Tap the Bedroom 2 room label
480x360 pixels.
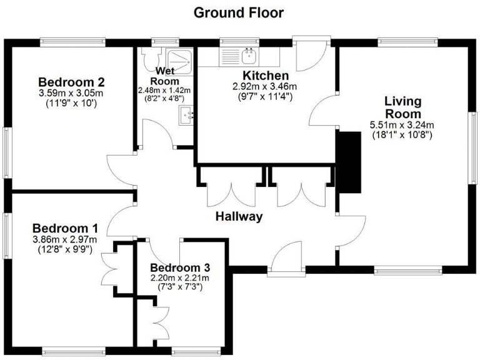71,82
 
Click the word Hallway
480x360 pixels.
239,217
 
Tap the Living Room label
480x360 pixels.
402,107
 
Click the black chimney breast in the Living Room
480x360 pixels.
350,162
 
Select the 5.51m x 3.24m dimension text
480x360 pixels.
402,124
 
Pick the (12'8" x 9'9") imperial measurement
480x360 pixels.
65,249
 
